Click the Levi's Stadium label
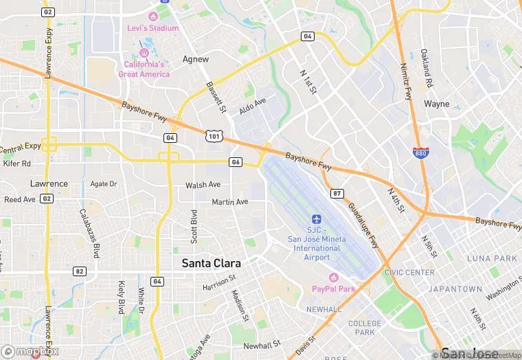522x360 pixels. coord(152,28)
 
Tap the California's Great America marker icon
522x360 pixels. coord(144,53)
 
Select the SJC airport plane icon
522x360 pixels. coord(316,218)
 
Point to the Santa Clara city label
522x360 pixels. coord(211,263)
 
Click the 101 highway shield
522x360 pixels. coord(214,137)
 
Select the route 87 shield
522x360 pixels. coord(337,194)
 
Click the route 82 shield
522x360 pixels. coord(80,271)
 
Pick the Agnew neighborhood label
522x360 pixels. coord(196,60)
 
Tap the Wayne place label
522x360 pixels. coord(437,104)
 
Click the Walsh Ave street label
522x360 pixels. coord(203,185)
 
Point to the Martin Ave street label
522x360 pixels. coord(229,202)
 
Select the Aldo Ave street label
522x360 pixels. coord(252,106)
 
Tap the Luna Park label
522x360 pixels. coord(491,258)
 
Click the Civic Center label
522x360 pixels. coord(409,273)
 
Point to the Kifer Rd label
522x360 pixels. coord(17,164)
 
